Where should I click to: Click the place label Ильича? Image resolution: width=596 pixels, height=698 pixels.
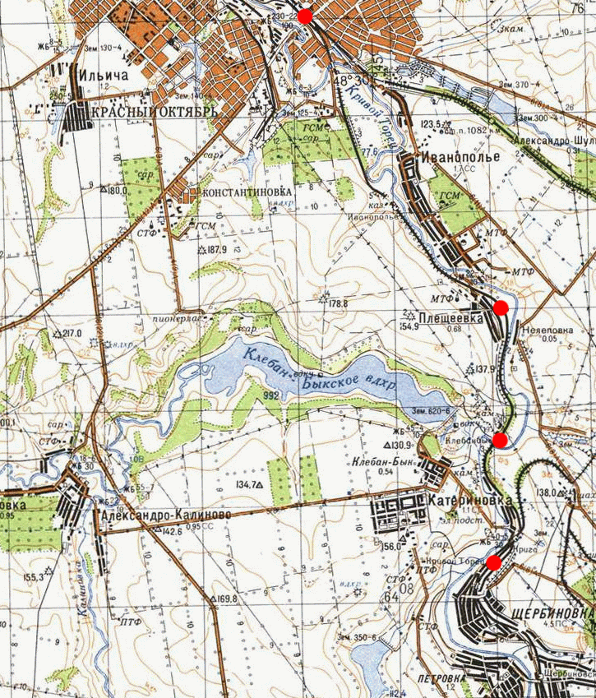102,75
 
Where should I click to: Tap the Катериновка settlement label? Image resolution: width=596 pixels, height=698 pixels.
469,500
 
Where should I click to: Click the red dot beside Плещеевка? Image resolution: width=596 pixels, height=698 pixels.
501,307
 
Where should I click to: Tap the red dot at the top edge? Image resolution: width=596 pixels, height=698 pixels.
305,16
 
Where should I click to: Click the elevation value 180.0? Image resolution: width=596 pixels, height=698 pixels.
119,190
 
